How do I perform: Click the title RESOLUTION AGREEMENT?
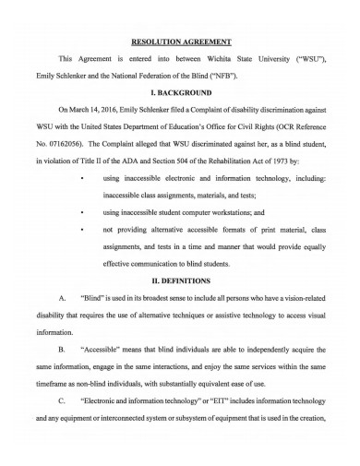[181, 42]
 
